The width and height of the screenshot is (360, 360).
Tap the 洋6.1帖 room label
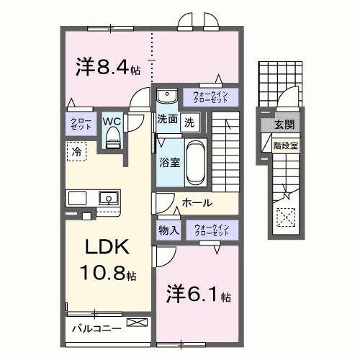(x=199, y=295)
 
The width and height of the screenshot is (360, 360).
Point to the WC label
(x=111, y=121)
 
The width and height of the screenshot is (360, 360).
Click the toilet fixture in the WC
(x=112, y=140)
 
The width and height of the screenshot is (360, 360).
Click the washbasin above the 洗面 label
(x=167, y=95)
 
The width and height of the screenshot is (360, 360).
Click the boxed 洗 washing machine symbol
(x=189, y=122)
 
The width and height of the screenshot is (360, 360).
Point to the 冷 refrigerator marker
(x=76, y=151)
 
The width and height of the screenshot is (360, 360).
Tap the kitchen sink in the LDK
(x=108, y=197)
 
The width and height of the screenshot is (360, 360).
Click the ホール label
(x=197, y=204)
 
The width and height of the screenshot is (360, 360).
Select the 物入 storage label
(x=169, y=230)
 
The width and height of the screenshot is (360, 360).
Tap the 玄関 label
(x=282, y=125)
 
